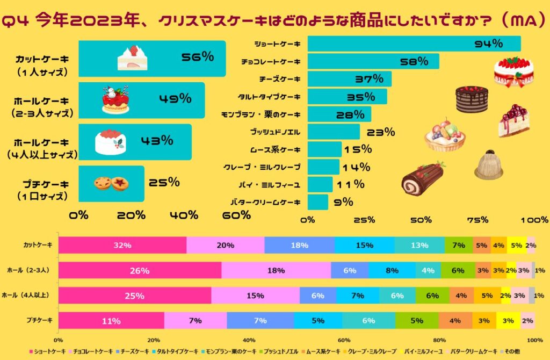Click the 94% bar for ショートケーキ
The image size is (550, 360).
(x=414, y=44)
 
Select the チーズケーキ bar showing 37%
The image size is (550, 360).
(x=349, y=79)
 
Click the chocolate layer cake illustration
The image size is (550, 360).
(x=472, y=99)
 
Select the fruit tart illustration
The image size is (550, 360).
(x=445, y=135)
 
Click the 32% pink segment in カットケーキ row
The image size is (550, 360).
(x=122, y=245)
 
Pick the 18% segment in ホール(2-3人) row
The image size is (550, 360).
(x=276, y=270)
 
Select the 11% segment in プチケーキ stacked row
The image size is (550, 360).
(x=111, y=321)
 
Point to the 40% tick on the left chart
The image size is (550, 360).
(x=184, y=215)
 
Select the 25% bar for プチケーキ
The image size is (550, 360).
(x=111, y=183)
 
